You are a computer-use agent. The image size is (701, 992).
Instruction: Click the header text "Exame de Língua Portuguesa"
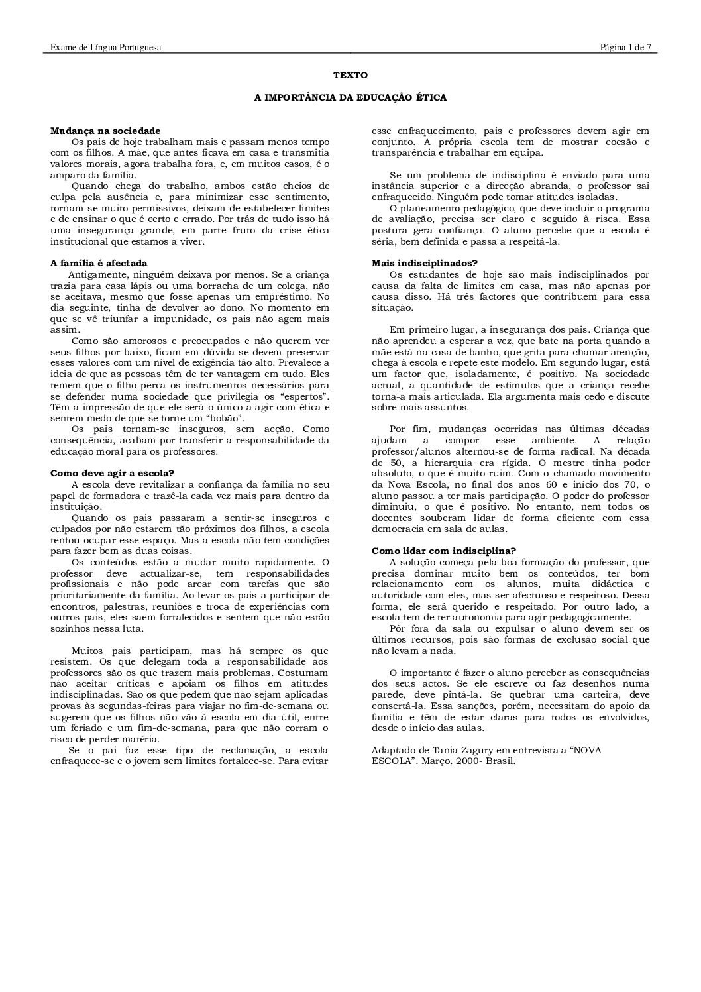click(106, 47)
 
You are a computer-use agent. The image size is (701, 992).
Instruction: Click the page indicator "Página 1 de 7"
click(625, 47)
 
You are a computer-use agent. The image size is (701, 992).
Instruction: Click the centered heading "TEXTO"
click(350, 76)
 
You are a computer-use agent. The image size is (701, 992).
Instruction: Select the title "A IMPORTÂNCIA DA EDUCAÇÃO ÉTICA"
click(350, 97)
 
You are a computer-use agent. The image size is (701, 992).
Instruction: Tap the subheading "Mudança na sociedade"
click(105, 131)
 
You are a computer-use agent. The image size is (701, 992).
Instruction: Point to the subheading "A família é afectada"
click(99, 263)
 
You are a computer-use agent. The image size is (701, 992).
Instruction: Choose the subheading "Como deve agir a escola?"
click(113, 473)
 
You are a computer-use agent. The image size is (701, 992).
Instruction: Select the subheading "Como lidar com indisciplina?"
click(444, 551)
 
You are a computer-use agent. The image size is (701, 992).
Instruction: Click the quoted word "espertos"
click(308, 396)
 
